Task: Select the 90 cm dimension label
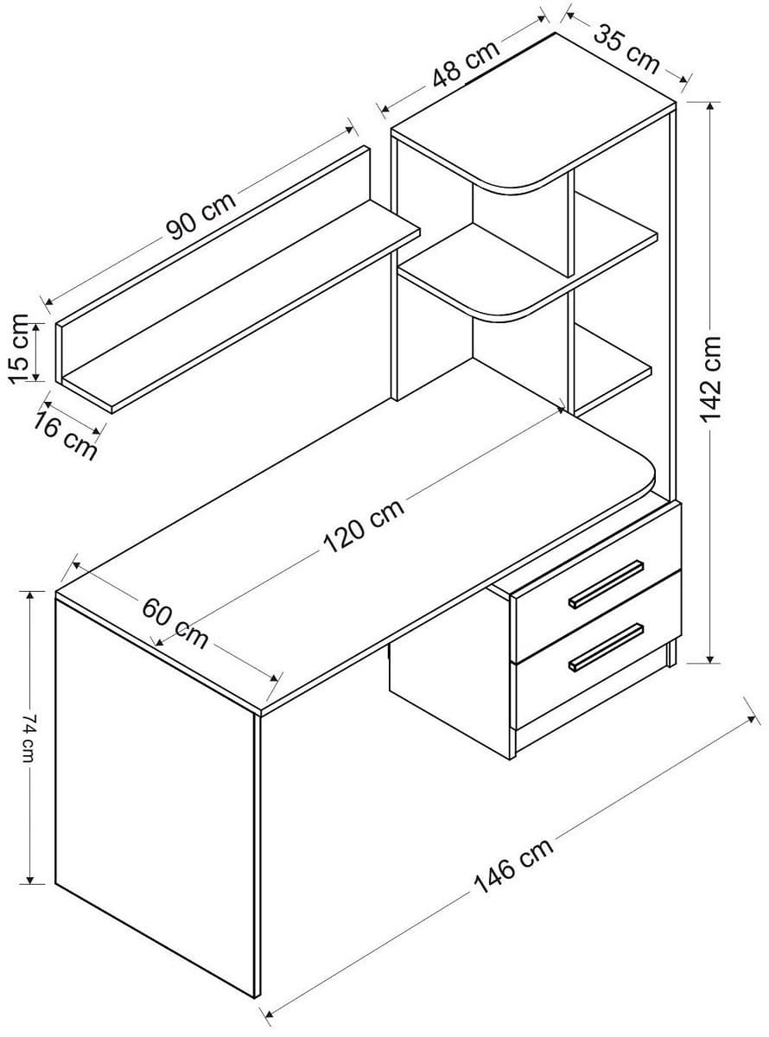tap(200, 215)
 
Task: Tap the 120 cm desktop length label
tap(364, 526)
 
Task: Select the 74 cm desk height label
tap(29, 736)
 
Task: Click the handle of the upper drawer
tap(606, 584)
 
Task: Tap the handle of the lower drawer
tap(606, 646)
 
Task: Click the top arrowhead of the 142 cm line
tap(710, 106)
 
